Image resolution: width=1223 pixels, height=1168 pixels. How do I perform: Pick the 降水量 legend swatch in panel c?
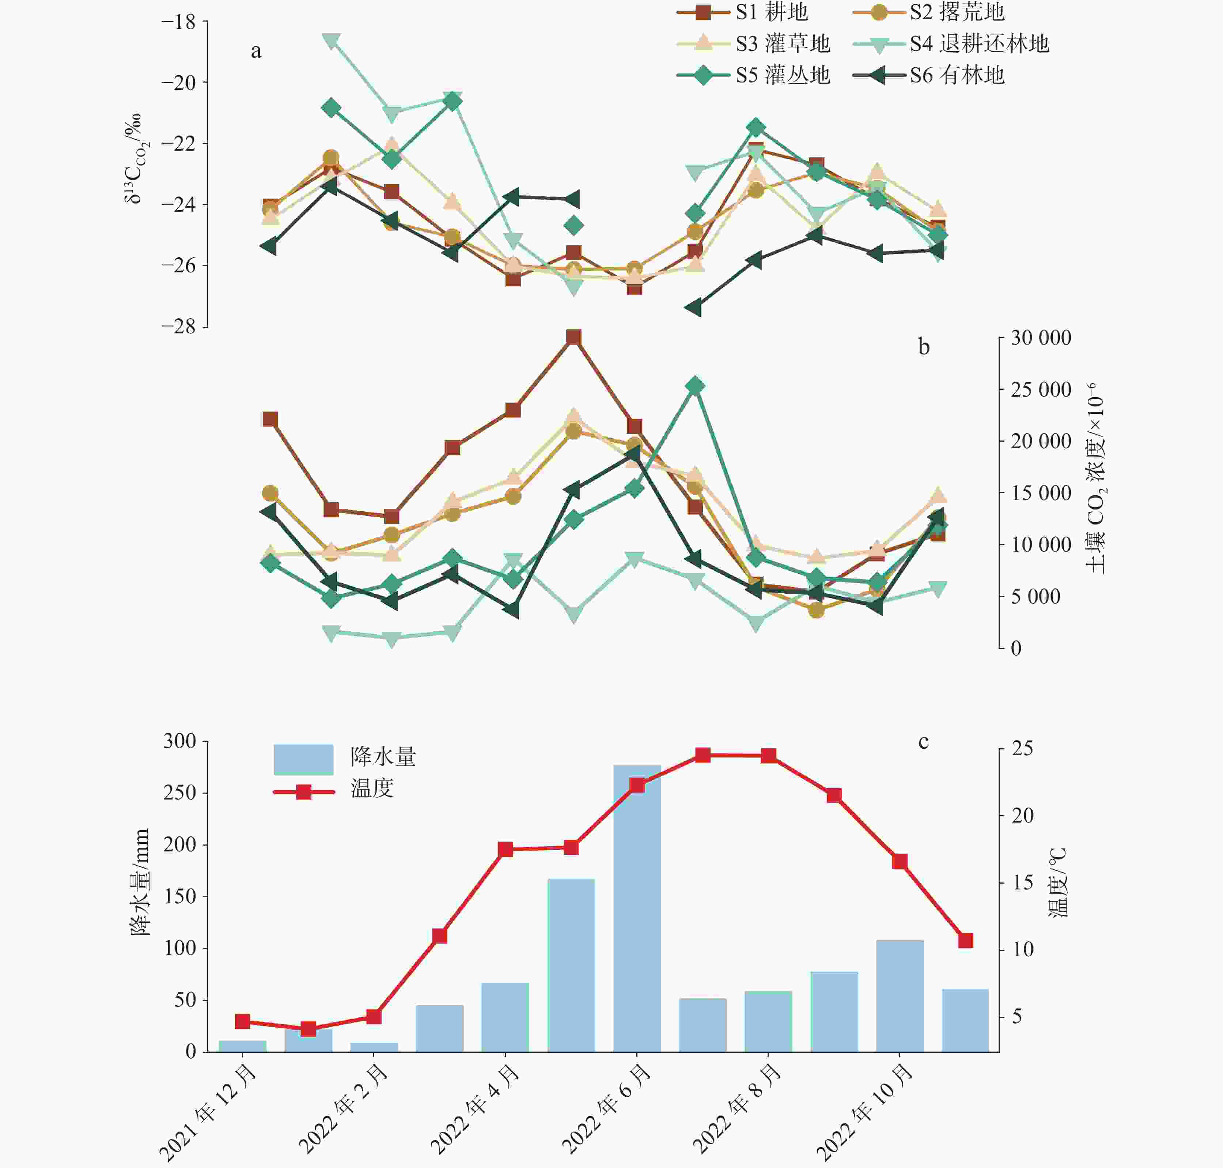point(303,759)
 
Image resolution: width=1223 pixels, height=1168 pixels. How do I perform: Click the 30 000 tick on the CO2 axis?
point(1041,338)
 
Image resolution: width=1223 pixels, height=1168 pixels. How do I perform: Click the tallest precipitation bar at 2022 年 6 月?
point(637,909)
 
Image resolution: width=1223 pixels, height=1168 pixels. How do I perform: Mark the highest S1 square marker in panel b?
point(574,337)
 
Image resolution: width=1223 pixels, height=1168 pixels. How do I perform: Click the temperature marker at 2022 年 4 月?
point(506,849)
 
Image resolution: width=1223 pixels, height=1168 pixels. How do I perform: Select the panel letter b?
point(924,347)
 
